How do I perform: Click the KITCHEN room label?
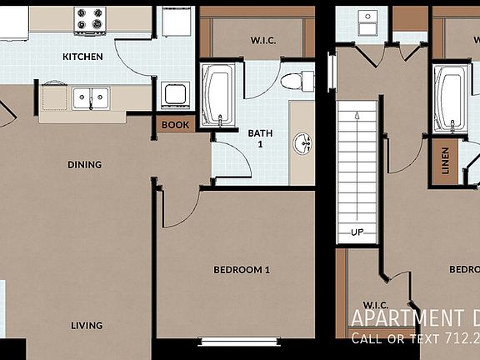[82, 57]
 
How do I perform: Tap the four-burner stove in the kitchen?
[90, 20]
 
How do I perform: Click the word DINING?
[84, 164]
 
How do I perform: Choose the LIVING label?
[87, 325]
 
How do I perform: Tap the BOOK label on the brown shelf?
[175, 125]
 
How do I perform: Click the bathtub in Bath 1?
[217, 96]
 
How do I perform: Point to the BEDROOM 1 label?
[242, 269]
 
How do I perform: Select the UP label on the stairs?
[357, 231]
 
